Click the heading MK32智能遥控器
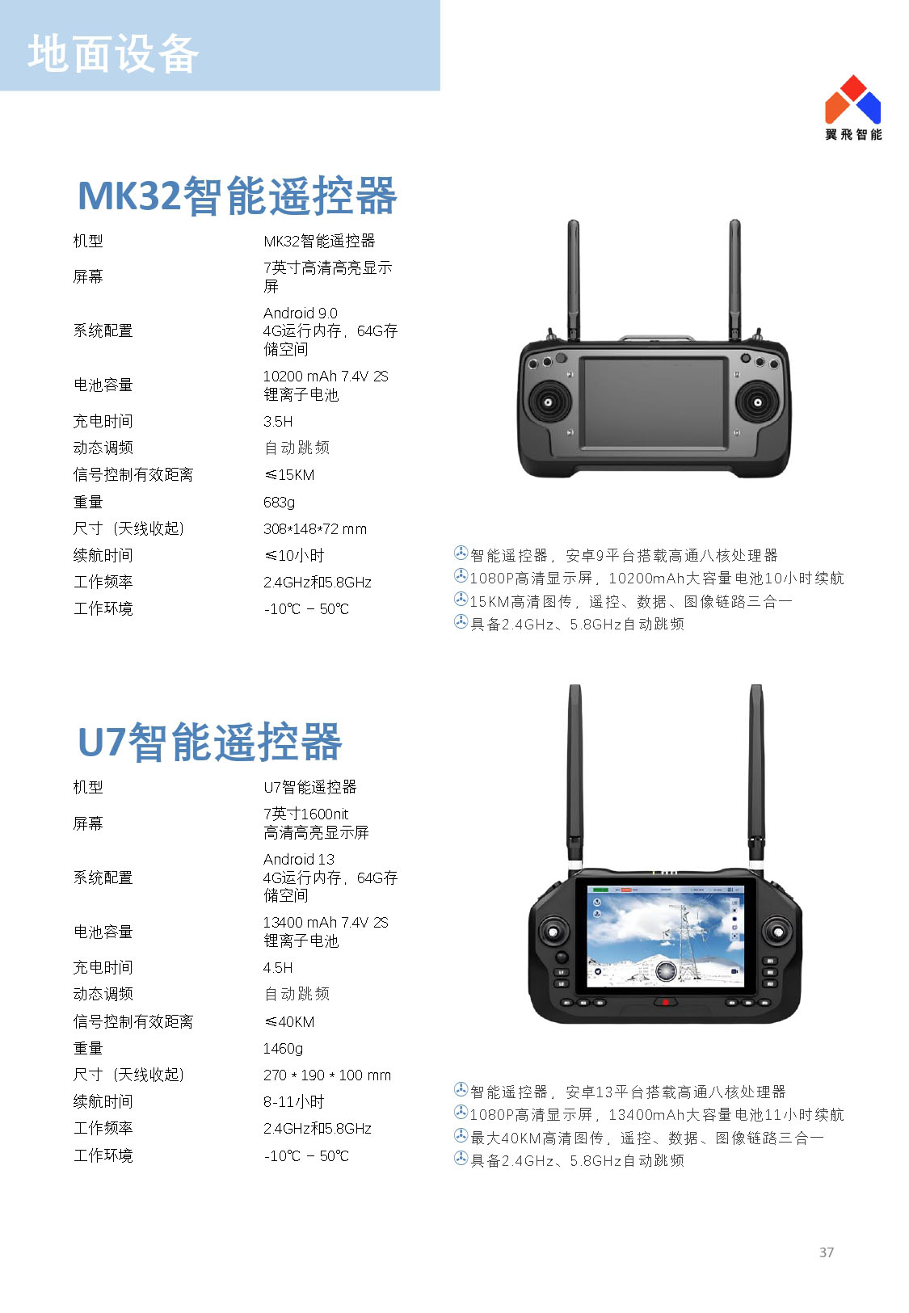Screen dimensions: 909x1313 [x=238, y=196]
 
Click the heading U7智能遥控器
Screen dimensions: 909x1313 [x=210, y=742]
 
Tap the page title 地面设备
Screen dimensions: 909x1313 [x=113, y=54]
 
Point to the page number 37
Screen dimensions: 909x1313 [x=827, y=1252]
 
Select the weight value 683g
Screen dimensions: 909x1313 [x=279, y=503]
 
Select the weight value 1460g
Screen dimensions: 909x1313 [x=283, y=1048]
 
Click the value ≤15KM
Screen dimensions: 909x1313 [x=289, y=475]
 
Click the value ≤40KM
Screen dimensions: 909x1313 [x=289, y=1021]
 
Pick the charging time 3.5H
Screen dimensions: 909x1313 [x=278, y=422]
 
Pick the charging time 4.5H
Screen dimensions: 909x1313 [x=278, y=968]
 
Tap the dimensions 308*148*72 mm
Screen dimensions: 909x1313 [x=315, y=529]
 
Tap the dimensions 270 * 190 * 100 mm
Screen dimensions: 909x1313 [x=327, y=1075]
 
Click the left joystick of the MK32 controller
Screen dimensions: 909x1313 [x=549, y=402]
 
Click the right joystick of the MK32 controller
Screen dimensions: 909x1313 [x=757, y=402]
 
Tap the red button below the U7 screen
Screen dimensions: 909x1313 [x=665, y=1002]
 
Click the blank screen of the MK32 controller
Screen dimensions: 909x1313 [x=654, y=402]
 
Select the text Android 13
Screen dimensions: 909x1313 [x=298, y=860]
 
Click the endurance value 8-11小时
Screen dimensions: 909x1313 [x=293, y=1102]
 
